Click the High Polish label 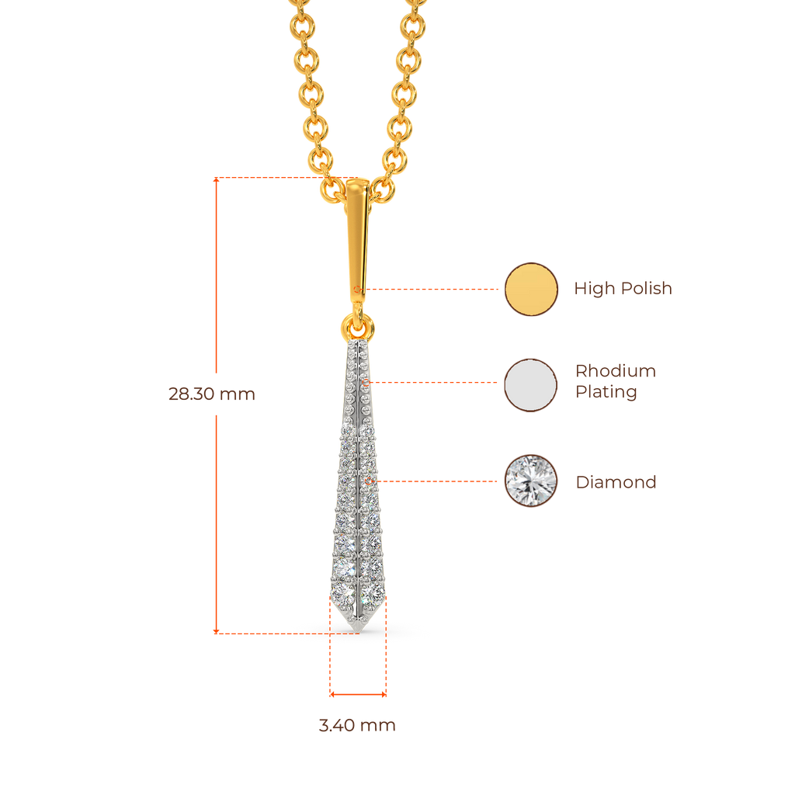pos(623,289)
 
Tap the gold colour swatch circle pos(531,289)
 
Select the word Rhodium pos(615,371)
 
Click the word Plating pos(606,392)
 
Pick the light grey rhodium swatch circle pos(531,385)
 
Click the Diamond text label pos(616,482)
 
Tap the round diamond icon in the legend pos(531,481)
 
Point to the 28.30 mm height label pos(211,394)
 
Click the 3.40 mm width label pos(357,726)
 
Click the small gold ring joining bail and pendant pos(357,322)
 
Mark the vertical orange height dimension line pos(217,505)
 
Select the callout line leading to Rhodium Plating pos(435,383)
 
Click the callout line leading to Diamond pos(439,481)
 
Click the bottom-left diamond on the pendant pos(342,594)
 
